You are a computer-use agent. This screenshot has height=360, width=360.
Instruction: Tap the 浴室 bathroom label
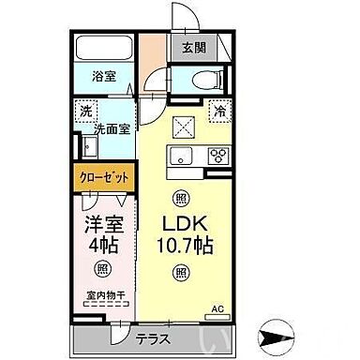click(104, 76)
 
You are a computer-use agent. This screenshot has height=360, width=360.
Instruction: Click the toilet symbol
click(207, 79)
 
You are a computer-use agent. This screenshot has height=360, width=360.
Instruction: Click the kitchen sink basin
click(182, 155)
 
